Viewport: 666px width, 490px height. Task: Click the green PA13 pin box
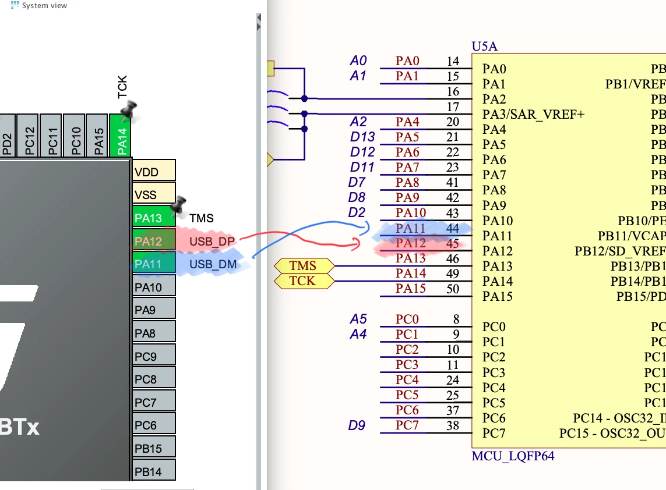point(154,218)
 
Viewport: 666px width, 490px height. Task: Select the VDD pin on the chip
point(154,172)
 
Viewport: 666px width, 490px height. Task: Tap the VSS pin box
point(154,194)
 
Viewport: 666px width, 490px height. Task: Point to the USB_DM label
point(213,265)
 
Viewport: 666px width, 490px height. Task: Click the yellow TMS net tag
point(303,266)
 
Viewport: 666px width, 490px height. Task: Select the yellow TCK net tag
point(303,281)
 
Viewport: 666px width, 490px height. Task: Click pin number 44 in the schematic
point(452,229)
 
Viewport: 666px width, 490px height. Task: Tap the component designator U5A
point(485,47)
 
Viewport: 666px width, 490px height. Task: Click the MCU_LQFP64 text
point(513,456)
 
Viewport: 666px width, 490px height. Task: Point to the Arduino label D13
point(362,137)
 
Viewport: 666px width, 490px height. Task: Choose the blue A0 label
point(358,61)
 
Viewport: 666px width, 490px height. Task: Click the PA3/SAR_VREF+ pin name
point(533,114)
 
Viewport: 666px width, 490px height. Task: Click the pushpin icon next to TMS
point(178,204)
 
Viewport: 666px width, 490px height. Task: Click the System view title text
point(44,6)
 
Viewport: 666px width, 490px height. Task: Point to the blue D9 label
point(357,425)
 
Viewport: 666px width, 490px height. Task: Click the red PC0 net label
point(407,319)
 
